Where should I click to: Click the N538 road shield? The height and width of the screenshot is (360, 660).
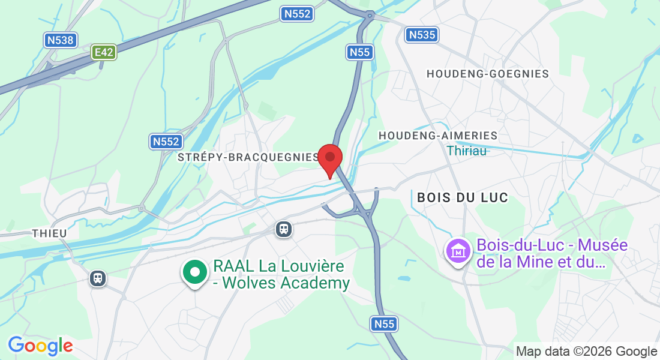[x=61, y=40]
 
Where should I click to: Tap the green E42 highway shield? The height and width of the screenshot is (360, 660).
[x=103, y=52]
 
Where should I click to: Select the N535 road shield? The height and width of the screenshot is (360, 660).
[x=421, y=35]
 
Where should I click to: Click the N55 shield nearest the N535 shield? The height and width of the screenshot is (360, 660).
[x=360, y=52]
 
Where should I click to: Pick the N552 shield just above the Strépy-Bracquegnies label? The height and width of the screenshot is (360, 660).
[x=166, y=142]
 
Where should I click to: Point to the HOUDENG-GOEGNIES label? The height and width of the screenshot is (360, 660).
[x=487, y=74]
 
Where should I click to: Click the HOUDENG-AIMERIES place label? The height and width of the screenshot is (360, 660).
[x=438, y=136]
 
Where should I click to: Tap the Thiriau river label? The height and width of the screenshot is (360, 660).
[x=466, y=151]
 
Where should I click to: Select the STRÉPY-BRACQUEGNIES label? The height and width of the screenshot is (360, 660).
[x=249, y=157]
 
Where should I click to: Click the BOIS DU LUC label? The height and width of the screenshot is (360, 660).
[x=462, y=197]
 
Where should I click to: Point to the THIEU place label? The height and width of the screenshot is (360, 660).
[x=49, y=233]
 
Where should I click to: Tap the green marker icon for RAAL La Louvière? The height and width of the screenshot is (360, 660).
[x=194, y=272]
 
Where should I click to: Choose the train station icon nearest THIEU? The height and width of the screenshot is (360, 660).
[x=97, y=278]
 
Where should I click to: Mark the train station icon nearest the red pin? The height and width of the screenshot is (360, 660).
[x=284, y=229]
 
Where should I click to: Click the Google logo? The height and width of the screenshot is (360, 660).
[x=40, y=346]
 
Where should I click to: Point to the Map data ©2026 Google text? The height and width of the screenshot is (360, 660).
[x=586, y=352]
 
